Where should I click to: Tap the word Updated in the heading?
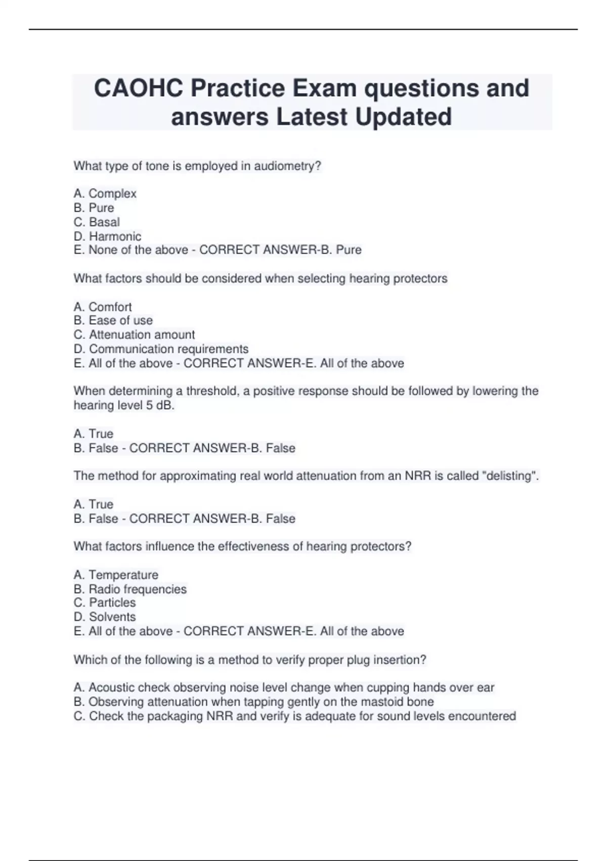pos(403,117)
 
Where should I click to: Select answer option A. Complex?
pos(105,193)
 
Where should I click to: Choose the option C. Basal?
pos(97,222)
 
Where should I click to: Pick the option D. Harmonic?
pos(107,236)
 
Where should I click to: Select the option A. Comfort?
pos(103,307)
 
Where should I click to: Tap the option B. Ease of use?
pos(113,321)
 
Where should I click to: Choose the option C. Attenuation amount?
pos(134,335)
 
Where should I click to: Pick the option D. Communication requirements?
pos(161,349)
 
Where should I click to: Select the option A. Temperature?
pos(116,575)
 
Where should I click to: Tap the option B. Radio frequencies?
pos(130,589)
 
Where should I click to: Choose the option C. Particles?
pos(105,603)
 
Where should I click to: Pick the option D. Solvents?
pos(105,617)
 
